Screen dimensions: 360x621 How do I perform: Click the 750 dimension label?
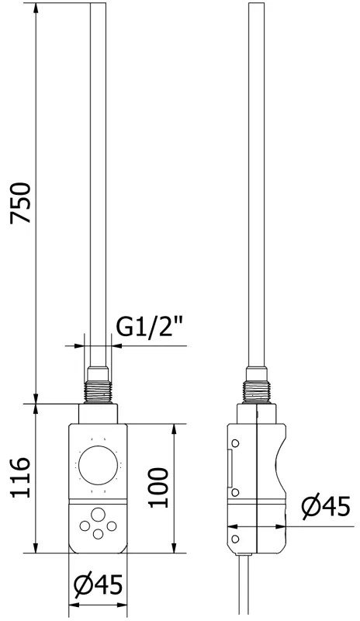pos(20,203)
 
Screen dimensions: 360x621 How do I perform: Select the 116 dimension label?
pos(20,477)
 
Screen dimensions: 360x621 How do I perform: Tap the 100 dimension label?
pos(158,487)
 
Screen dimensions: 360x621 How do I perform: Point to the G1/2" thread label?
pos(151,327)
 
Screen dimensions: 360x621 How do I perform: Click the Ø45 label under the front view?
pos(99,585)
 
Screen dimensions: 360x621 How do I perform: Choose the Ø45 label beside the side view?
pos(326,507)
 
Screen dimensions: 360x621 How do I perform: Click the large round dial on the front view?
pos(99,465)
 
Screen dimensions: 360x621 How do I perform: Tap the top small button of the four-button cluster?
pos(98,515)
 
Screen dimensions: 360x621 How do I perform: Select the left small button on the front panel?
pos(85,526)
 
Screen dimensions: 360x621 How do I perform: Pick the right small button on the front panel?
pos(112,526)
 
